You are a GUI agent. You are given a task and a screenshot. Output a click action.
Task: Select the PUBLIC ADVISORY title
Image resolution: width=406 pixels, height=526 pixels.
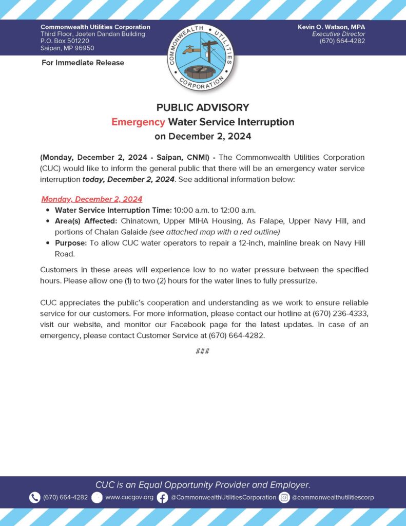(203, 107)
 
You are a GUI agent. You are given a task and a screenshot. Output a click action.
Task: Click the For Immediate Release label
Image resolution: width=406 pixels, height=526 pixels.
(83, 63)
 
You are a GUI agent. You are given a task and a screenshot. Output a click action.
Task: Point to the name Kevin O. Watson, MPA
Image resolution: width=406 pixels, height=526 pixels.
(332, 27)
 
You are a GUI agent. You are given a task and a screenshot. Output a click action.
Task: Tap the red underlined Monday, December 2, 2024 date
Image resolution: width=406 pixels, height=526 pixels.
(92, 199)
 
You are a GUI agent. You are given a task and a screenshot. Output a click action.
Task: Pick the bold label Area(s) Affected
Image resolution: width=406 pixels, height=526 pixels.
(86, 221)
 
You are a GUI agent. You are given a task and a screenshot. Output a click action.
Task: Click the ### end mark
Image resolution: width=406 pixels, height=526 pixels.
(203, 352)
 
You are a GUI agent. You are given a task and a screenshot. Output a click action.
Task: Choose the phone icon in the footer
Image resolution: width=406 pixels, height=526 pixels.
(34, 497)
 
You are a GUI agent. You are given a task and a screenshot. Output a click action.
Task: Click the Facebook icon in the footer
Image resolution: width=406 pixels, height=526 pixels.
(162, 497)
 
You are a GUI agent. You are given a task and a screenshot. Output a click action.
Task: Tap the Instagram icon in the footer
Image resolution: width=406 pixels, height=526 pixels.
(284, 497)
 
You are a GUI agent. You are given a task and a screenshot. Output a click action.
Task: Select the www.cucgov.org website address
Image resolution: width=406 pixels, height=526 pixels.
(129, 497)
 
